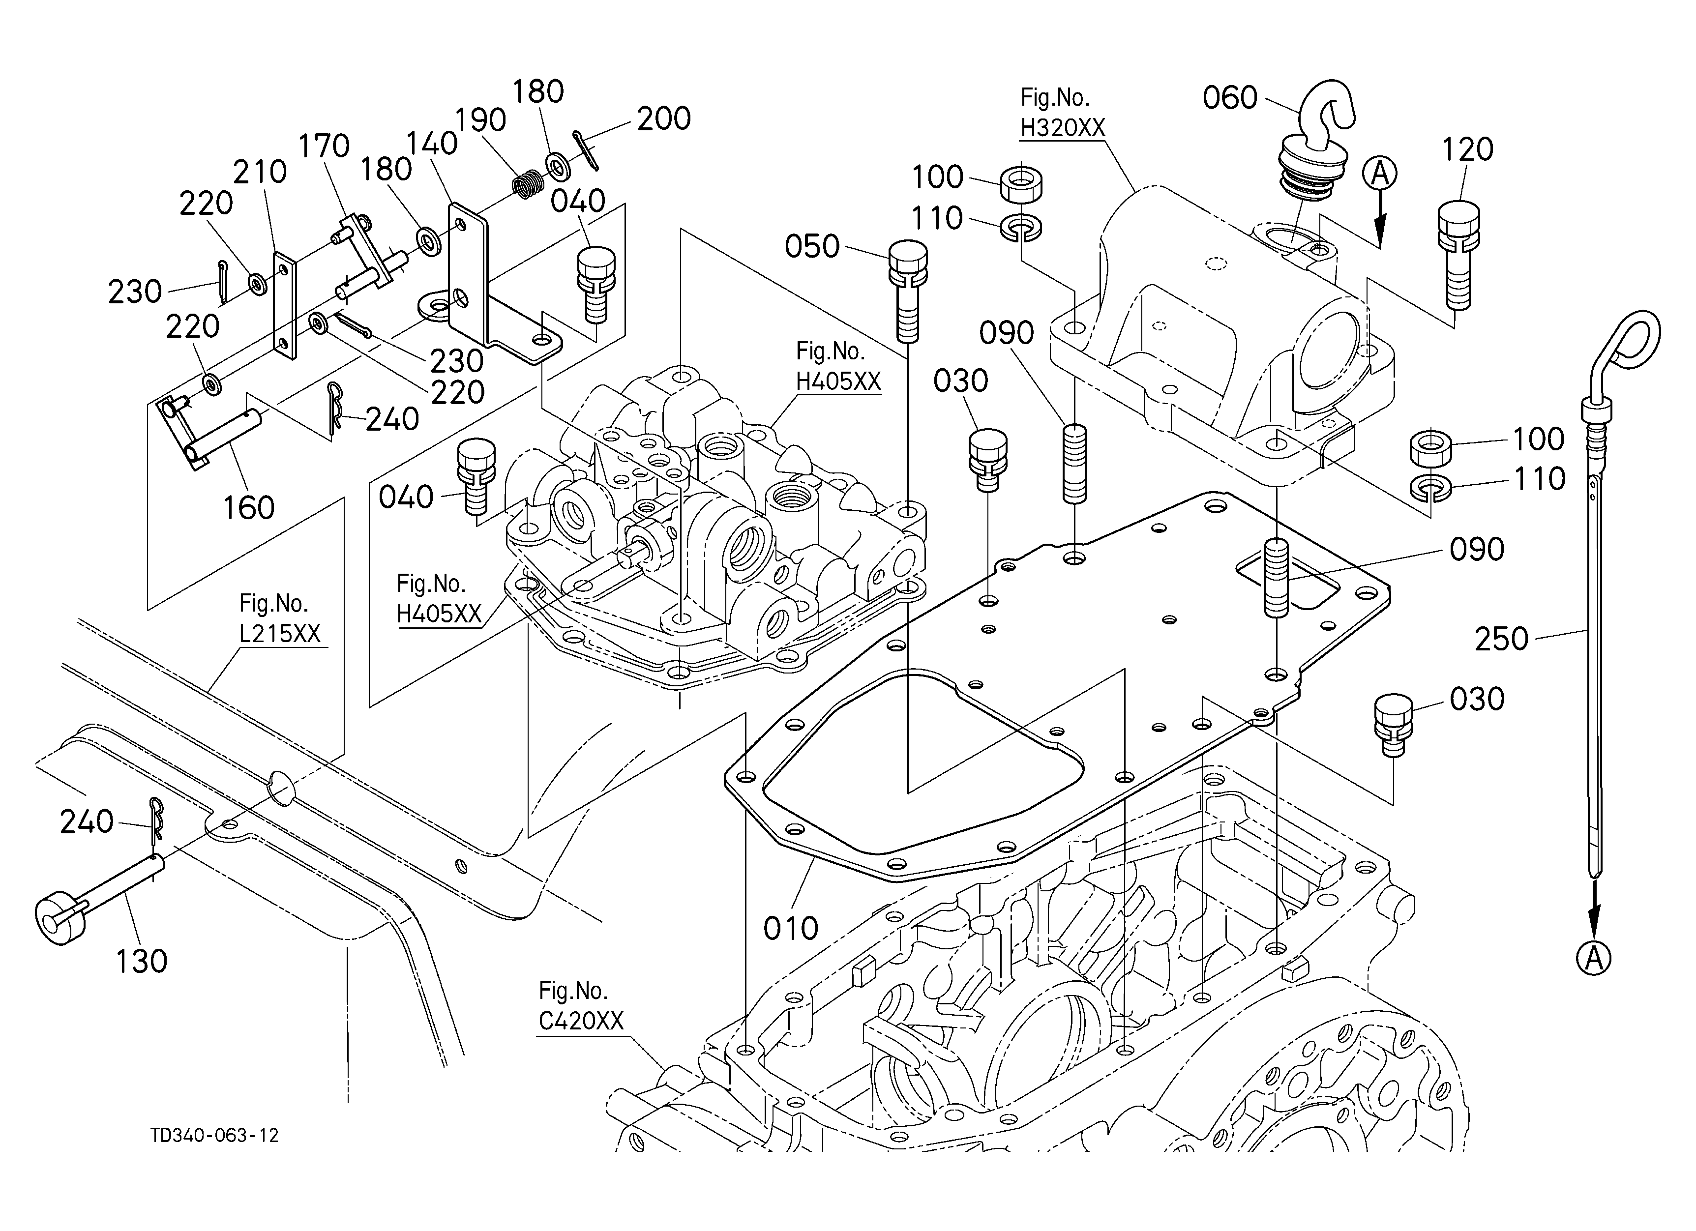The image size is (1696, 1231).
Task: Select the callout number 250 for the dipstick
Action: [1502, 639]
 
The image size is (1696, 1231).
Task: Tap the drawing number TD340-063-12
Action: [214, 1135]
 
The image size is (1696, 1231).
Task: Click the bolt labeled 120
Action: [1458, 254]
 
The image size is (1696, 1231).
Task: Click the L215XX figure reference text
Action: [280, 633]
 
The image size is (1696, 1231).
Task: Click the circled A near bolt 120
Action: [1380, 174]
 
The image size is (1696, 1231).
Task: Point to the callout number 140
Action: [432, 143]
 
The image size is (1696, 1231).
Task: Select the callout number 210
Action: [260, 172]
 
